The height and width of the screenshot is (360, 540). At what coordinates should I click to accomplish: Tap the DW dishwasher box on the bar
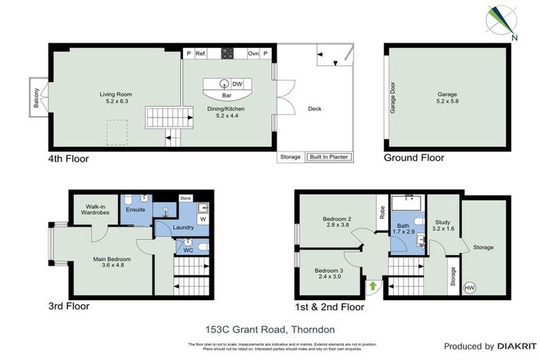point(237,84)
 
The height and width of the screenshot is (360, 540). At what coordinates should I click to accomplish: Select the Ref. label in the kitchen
point(200,53)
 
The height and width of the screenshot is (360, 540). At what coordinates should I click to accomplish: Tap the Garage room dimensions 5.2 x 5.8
point(447,102)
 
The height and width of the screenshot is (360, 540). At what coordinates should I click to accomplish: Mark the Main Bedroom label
point(112,258)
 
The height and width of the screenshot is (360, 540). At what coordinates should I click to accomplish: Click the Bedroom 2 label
point(338,219)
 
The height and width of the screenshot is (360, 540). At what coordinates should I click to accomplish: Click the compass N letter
point(515,37)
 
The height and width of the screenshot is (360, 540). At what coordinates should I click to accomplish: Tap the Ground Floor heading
point(413,158)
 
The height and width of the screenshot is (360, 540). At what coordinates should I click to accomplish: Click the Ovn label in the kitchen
point(252,53)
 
